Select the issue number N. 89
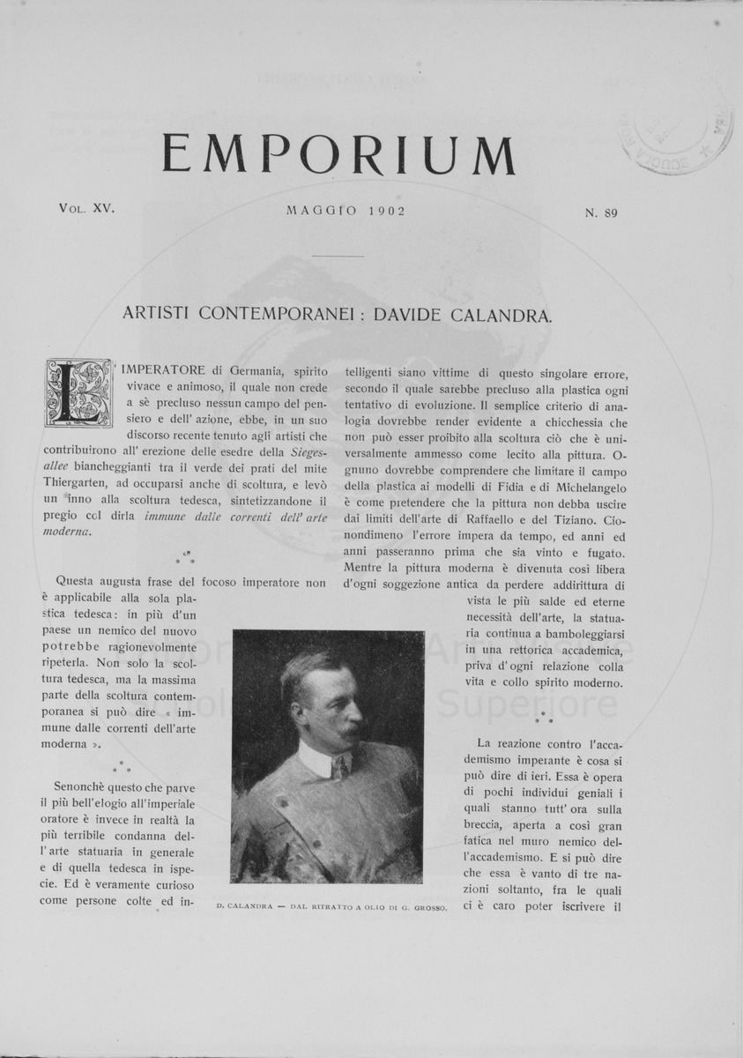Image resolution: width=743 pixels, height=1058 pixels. pos(600,212)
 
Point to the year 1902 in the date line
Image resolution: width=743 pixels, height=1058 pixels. pos(373,212)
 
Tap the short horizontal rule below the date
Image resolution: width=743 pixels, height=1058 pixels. pos(338,256)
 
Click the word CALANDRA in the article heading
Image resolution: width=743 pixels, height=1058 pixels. pos(504,314)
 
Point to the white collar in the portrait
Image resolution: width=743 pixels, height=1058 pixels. pos(319,758)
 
